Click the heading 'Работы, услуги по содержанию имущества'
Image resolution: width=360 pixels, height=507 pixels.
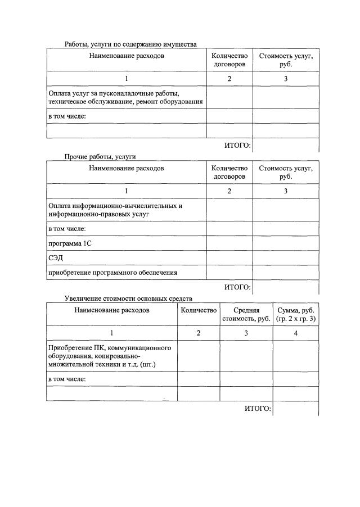coord(130,44)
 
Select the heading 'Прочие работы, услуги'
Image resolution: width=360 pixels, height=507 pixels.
coord(100,156)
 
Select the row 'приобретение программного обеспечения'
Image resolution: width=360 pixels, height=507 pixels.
coord(113,273)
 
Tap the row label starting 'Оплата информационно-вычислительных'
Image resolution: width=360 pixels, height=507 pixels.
coord(115,205)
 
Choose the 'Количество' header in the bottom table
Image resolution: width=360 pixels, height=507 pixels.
coord(198,310)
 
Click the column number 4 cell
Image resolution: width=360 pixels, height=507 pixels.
coord(295,333)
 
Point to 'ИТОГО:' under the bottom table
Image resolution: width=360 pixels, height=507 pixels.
coord(258,408)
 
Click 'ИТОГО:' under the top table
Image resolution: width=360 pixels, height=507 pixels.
coord(237,146)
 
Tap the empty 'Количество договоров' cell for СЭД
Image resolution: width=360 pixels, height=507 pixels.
coord(229,258)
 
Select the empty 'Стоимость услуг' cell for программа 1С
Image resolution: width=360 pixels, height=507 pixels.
coord(285,243)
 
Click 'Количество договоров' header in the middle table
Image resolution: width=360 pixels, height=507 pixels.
coord(229,172)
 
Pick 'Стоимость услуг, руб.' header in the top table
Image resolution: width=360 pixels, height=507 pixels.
coord(285,60)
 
